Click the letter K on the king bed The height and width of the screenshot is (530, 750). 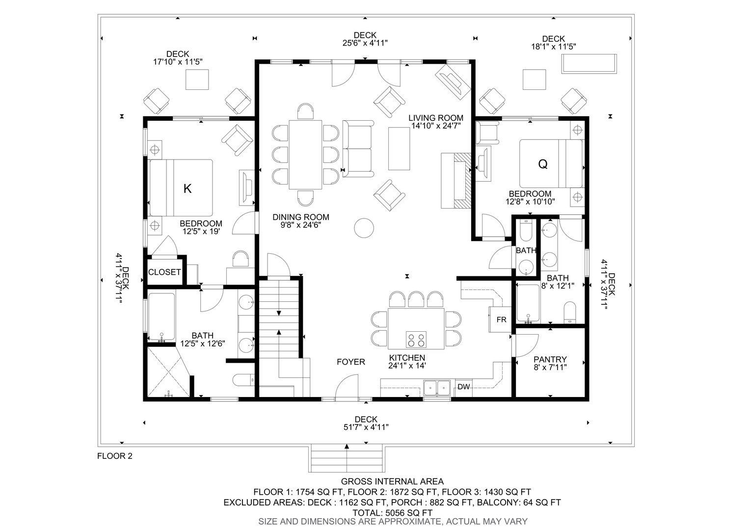tap(187, 189)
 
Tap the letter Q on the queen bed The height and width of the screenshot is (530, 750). tap(543, 164)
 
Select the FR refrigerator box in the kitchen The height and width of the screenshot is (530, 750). tap(501, 319)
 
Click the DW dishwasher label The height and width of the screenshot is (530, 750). tap(464, 387)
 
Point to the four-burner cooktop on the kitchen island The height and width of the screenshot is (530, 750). tap(416, 340)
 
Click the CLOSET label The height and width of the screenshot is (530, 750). tap(164, 272)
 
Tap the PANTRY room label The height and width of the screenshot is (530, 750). tap(550, 360)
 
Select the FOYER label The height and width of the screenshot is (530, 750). tap(351, 362)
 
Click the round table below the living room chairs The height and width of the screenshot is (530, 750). tap(364, 228)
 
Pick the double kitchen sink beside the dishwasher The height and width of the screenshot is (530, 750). tap(437, 388)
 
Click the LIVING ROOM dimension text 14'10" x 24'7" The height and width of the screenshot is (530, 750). tap(436, 126)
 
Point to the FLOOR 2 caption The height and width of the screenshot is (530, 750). tap(115, 456)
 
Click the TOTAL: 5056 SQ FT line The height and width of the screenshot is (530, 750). tap(392, 513)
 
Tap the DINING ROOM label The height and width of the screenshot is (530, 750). tap(301, 217)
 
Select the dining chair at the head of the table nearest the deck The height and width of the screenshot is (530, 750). tap(306, 111)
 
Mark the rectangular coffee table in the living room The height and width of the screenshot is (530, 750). tap(399, 149)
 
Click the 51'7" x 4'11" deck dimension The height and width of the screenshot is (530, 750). tap(366, 427)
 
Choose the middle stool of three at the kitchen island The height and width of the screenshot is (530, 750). tap(416, 299)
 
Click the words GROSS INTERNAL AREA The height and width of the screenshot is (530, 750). tap(392, 481)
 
